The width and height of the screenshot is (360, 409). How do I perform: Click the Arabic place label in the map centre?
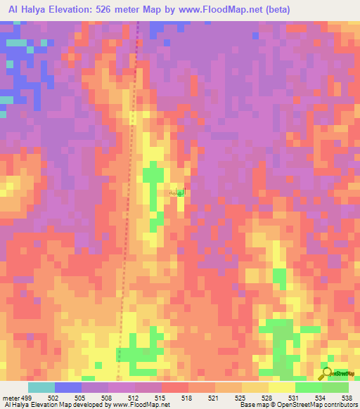(176, 191)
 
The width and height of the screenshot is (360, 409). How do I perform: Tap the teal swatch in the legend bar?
(41, 387)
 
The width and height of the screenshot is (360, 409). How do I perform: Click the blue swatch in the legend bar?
(67, 387)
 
